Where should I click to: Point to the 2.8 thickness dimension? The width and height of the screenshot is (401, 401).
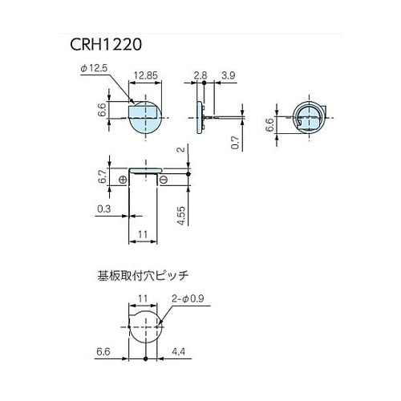click(x=200, y=75)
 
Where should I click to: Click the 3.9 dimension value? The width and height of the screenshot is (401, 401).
click(x=229, y=75)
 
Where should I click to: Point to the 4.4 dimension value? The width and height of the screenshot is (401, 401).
click(x=180, y=351)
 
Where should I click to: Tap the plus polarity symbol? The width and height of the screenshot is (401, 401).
click(x=122, y=180)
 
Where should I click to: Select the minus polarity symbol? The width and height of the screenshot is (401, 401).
click(x=164, y=180)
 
